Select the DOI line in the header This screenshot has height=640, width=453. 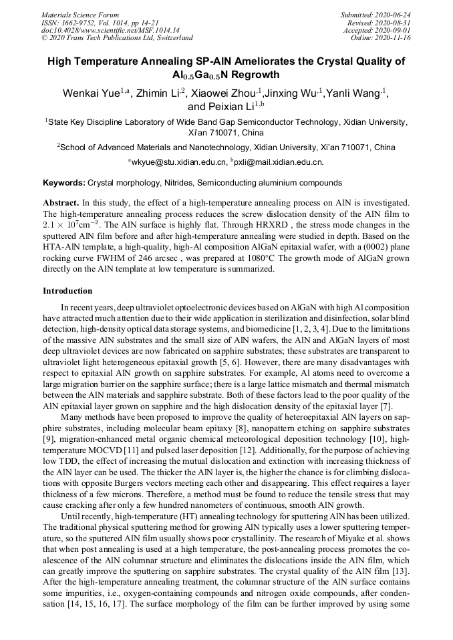tap(110, 30)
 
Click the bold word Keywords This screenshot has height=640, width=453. tap(63, 182)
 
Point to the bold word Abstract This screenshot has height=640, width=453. tap(61, 202)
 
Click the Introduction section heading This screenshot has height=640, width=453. tap(67, 291)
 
